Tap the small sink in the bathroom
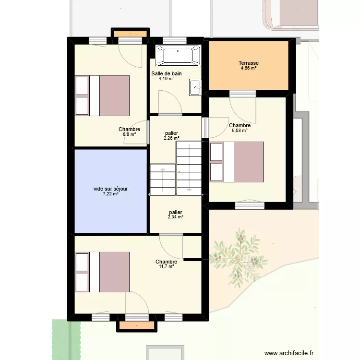(x=195, y=87)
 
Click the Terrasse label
(x=249, y=63)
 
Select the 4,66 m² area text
(x=249, y=68)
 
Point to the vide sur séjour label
(x=111, y=189)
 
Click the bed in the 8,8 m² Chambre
(x=102, y=96)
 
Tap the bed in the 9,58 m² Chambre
(x=237, y=162)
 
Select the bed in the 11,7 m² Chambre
(x=102, y=272)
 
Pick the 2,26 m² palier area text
(x=171, y=138)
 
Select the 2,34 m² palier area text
(x=175, y=217)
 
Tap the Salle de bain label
(x=167, y=73)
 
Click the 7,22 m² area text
(x=111, y=194)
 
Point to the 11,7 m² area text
(x=166, y=266)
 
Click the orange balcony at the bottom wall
(x=137, y=326)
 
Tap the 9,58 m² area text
(x=239, y=130)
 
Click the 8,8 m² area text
(x=129, y=134)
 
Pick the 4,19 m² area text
(x=167, y=78)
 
